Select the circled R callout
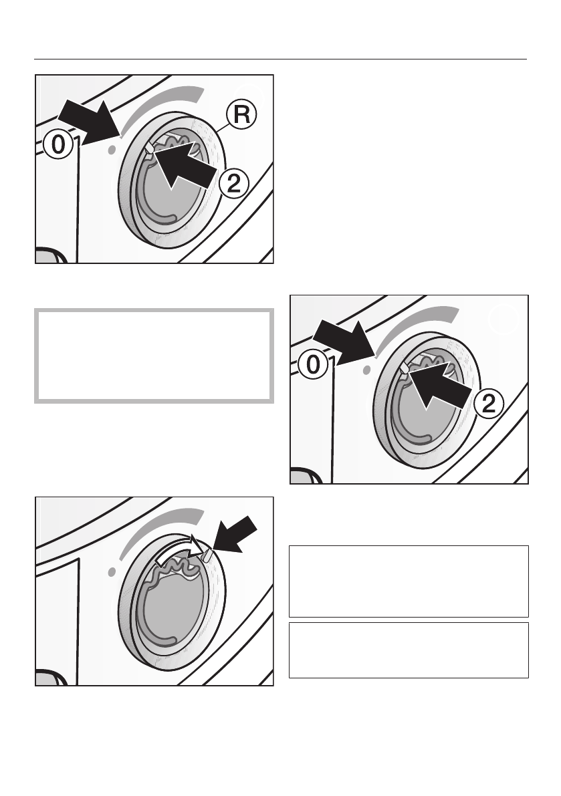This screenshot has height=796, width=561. coord(242,115)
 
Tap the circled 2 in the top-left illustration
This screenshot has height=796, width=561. coord(233,184)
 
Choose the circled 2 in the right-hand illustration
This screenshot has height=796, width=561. coord(487,403)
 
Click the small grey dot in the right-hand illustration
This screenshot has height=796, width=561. coord(365,370)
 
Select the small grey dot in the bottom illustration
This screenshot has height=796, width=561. coord(111,571)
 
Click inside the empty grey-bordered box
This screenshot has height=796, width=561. coord(154,355)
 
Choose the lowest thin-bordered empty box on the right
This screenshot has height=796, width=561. coord(409,650)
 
